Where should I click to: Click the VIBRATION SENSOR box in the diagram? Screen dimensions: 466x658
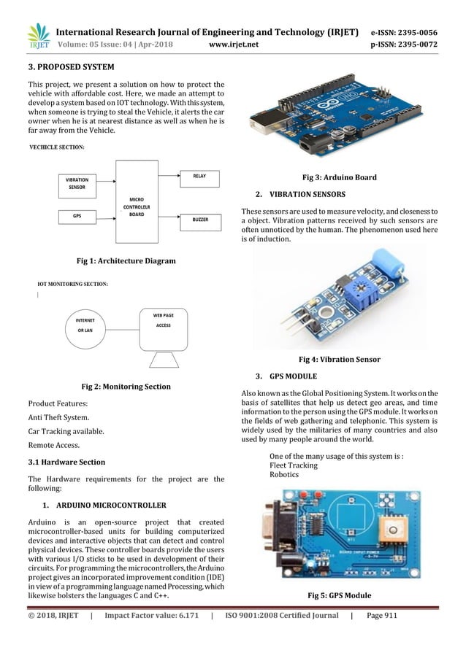78,182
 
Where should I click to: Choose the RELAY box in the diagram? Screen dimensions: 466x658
199,177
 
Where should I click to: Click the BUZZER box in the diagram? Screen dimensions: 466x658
199,218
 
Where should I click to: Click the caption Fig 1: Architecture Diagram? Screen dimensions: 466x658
126,260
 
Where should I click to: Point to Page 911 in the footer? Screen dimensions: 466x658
381,615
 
